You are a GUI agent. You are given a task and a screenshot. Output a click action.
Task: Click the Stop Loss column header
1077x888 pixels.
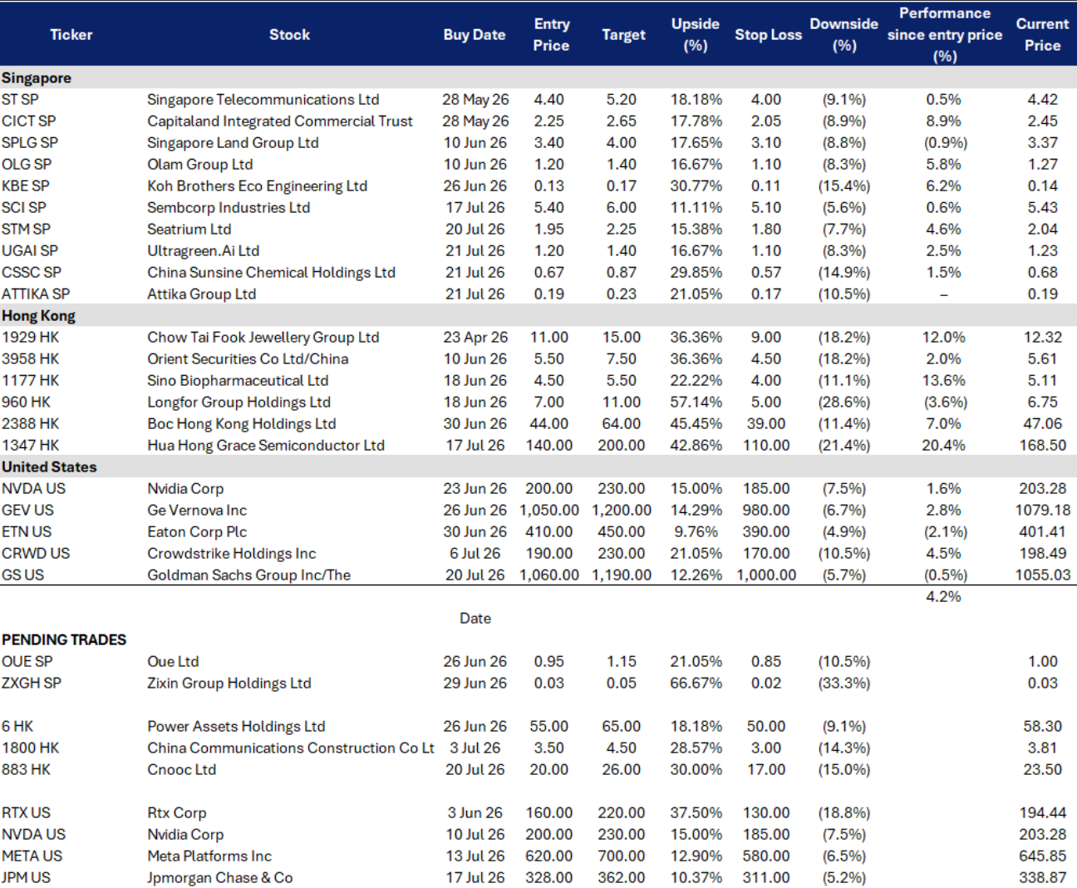coord(768,35)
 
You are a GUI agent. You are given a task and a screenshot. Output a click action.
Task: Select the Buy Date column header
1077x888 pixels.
coord(475,35)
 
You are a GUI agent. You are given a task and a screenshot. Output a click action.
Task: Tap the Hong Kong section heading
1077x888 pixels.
coord(39,315)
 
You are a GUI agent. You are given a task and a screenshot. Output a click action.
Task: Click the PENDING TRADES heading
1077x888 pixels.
coord(64,639)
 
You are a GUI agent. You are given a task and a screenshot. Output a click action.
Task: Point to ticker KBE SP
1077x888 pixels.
coord(26,185)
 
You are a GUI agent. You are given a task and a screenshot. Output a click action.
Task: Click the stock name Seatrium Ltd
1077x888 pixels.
coord(189,229)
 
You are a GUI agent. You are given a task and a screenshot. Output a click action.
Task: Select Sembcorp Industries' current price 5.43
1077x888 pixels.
coord(1042,207)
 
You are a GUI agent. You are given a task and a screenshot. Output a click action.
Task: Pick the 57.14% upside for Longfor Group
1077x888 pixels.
coord(696,402)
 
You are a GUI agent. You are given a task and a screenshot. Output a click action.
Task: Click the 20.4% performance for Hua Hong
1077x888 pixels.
coord(943,446)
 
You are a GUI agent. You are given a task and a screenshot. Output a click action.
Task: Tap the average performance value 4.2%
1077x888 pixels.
coord(943,596)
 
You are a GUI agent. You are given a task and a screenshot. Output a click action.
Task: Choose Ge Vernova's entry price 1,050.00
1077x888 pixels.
coord(548,511)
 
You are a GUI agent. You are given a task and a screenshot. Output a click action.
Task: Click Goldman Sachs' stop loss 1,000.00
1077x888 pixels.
coord(766,575)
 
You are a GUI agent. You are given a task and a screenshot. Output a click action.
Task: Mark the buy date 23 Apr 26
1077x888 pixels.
coord(475,337)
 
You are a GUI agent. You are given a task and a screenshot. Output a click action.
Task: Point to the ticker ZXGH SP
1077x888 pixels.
coord(32,683)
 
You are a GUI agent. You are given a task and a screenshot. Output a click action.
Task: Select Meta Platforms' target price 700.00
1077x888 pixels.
coord(621,856)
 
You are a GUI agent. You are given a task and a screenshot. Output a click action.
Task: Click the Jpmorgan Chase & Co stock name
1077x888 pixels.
coord(220,878)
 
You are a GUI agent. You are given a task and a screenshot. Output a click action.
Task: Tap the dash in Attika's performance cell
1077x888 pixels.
coord(943,294)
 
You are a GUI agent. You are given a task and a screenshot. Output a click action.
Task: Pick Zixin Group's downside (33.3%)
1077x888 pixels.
coord(843,683)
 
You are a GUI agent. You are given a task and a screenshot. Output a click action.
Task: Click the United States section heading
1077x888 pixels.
coord(49,467)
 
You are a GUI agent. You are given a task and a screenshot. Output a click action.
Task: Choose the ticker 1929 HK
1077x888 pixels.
coord(31,337)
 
